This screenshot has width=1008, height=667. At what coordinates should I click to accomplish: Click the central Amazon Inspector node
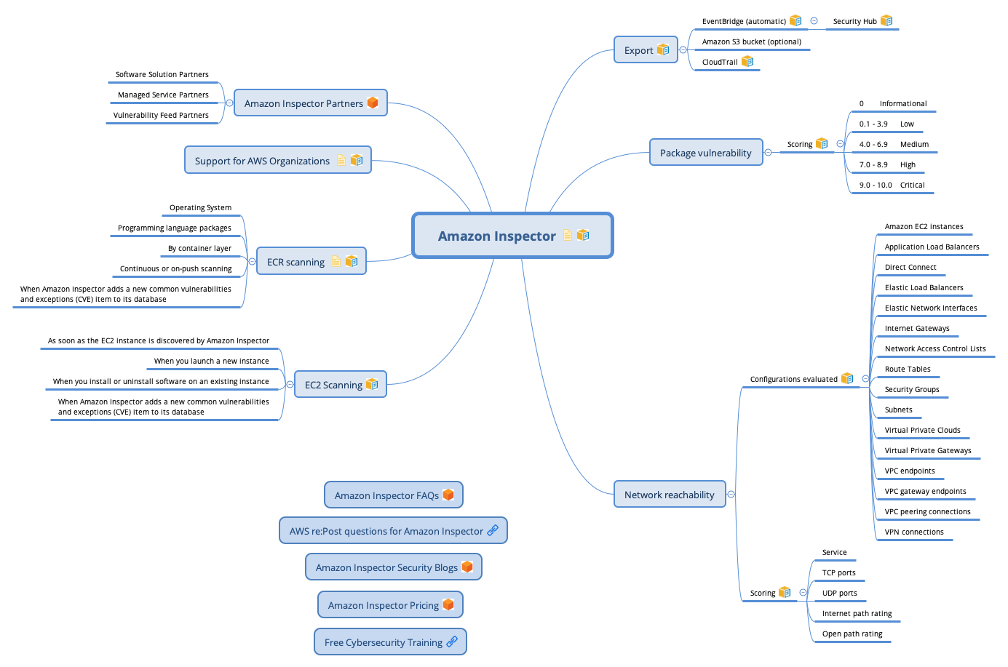(512, 235)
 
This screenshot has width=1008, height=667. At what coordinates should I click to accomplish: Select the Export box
(646, 50)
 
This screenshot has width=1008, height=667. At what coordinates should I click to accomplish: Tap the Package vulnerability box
(706, 153)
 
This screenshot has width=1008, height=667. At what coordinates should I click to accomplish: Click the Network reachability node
(670, 495)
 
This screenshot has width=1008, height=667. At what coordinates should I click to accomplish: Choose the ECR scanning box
(311, 261)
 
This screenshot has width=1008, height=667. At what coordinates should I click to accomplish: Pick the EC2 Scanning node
(341, 385)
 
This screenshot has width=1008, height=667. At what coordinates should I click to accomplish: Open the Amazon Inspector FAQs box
(394, 495)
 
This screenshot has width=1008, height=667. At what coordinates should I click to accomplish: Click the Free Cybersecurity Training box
(390, 642)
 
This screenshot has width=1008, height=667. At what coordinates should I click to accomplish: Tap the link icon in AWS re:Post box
(493, 531)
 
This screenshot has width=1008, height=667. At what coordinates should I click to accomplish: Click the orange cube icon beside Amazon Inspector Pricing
(448, 604)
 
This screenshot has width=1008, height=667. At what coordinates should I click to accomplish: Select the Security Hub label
(854, 22)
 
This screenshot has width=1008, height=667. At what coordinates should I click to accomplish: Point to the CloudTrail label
(720, 62)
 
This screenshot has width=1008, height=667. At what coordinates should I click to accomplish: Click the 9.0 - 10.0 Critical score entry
(892, 185)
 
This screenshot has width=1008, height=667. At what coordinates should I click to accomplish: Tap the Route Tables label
(907, 369)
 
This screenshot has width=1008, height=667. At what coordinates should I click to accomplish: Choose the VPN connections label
(914, 532)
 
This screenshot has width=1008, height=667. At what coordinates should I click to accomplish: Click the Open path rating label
(852, 634)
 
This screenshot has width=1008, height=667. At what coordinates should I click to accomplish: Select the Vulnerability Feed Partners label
(161, 115)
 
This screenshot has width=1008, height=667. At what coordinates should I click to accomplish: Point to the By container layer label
(199, 248)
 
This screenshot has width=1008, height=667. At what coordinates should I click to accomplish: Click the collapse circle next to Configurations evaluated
(865, 379)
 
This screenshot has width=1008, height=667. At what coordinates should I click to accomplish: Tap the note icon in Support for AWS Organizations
(341, 160)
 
